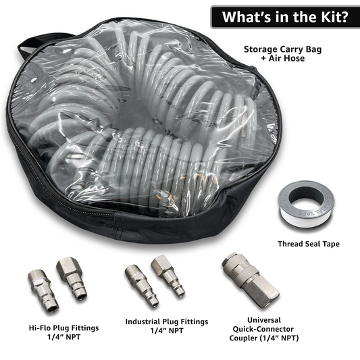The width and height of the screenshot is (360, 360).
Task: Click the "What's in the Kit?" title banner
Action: pos(284,16)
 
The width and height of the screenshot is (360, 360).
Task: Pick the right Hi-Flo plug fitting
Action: pos(72,278)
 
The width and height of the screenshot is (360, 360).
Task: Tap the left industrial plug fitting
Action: pos(141,285)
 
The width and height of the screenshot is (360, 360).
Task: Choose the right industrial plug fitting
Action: pos(168,275)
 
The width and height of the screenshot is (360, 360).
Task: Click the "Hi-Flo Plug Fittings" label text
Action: pos(65,328)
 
